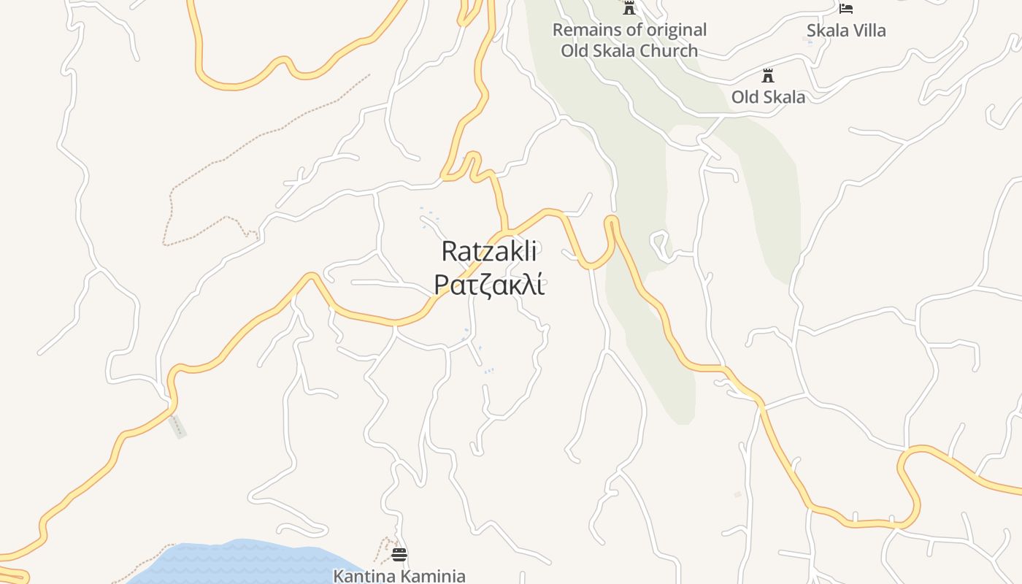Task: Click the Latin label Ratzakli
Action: (489, 252)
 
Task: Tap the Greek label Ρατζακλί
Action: (489, 285)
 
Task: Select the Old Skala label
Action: (768, 97)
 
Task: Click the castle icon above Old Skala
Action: (767, 75)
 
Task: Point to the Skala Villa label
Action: (846, 31)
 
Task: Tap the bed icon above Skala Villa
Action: (846, 9)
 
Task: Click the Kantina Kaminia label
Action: (399, 576)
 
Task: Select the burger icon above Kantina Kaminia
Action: (399, 555)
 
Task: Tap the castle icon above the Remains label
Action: (629, 8)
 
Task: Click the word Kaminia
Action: (432, 576)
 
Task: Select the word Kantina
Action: (364, 576)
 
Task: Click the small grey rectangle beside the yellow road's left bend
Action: (177, 426)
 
